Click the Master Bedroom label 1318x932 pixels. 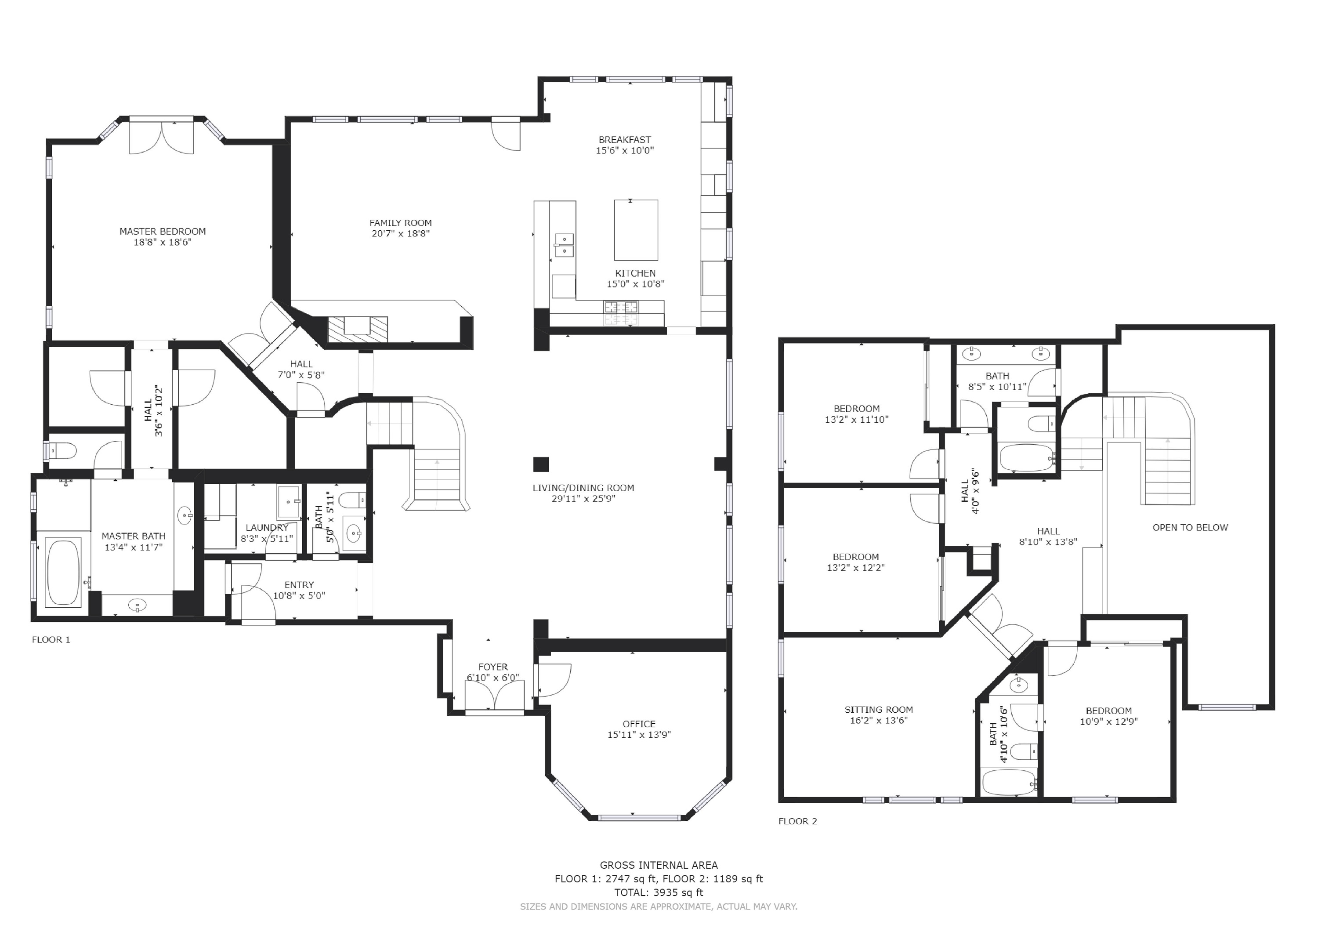click(163, 232)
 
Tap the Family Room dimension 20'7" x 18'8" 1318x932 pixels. click(401, 234)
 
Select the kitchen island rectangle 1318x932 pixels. click(636, 230)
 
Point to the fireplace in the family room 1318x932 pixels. click(358, 330)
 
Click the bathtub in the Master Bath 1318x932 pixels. click(63, 573)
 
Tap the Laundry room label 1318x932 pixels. click(267, 528)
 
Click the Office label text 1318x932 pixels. click(639, 724)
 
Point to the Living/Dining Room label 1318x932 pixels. click(583, 488)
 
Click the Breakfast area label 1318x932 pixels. click(625, 140)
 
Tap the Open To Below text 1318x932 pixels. click(1190, 528)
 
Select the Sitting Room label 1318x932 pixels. click(878, 710)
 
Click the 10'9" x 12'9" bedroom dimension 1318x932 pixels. click(1108, 722)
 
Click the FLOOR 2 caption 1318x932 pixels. click(797, 821)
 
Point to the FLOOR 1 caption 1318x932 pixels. click(51, 640)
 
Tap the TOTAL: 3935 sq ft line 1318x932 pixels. click(659, 892)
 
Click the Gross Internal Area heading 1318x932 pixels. click(659, 865)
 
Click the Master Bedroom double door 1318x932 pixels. click(162, 138)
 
